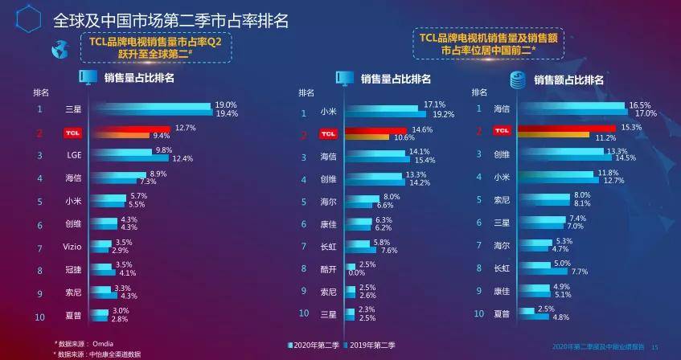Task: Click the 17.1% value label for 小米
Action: tap(434, 105)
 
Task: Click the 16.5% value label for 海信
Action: tap(640, 105)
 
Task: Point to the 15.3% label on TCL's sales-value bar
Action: tap(630, 128)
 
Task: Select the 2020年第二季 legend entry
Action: tap(315, 346)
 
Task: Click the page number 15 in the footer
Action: tap(654, 346)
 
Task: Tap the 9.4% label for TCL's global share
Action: tap(162, 136)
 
